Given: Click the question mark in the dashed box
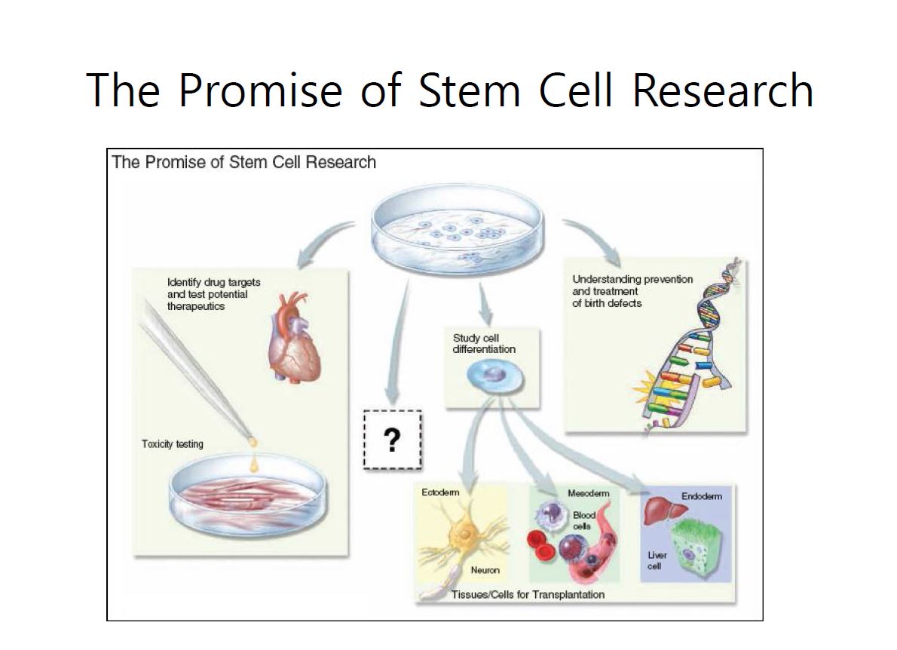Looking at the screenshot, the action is click(x=392, y=440).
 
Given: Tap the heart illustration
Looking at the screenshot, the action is click(x=294, y=337).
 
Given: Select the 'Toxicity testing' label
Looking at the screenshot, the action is click(x=172, y=444).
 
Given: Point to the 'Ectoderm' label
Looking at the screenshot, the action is click(x=440, y=492).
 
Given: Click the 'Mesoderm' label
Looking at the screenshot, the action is click(x=588, y=493).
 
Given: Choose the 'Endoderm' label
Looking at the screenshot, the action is click(x=701, y=496).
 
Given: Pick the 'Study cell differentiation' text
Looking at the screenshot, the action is click(x=484, y=343).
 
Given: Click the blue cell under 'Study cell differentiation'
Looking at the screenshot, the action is click(x=495, y=378).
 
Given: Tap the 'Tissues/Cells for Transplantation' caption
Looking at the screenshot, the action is click(x=528, y=594).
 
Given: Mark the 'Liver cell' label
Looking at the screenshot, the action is click(x=657, y=561).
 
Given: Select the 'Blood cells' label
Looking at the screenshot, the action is click(x=583, y=521).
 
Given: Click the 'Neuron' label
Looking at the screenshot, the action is click(x=485, y=570).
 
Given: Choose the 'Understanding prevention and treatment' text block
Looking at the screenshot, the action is click(x=632, y=291).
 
